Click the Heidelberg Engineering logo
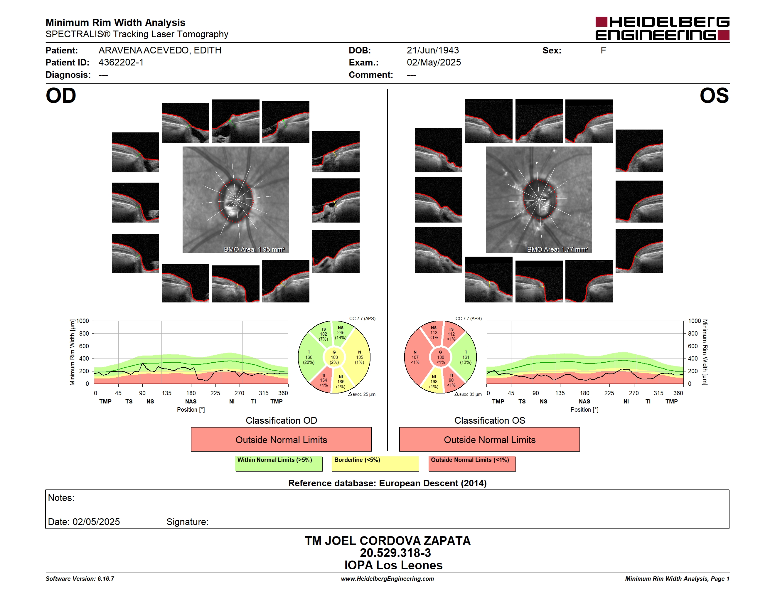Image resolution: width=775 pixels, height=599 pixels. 662,28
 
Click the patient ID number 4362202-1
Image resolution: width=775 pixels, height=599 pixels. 121,63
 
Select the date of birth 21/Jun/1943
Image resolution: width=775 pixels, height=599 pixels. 433,51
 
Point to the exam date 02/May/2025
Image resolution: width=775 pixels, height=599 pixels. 434,63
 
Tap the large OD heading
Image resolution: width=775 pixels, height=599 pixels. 61,96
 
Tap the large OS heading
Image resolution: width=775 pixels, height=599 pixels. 714,96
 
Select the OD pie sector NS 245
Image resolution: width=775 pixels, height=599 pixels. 342,333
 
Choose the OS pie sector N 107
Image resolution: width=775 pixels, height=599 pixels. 415,357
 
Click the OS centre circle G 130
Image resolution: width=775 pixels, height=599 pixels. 440,357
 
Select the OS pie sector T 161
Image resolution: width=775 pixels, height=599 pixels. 466,357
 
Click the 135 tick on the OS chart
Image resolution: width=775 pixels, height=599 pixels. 560,393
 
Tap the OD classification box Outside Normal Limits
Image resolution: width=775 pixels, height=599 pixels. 281,439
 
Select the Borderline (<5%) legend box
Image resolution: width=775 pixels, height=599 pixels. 375,463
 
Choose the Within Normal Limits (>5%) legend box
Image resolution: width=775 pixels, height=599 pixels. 279,463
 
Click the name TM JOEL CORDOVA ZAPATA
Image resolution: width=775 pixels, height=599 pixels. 387,541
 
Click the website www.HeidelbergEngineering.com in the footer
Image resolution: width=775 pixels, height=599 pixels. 387,579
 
